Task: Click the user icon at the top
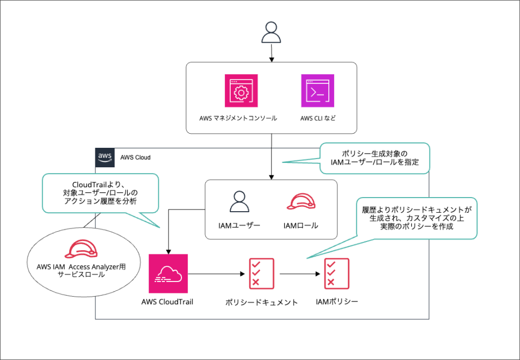click(x=271, y=32)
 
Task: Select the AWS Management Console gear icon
click(x=240, y=91)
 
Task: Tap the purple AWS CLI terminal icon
click(x=317, y=91)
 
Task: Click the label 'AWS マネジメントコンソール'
click(x=238, y=118)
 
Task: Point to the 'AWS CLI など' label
click(x=318, y=118)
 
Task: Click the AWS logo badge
click(x=105, y=157)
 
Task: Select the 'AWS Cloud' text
click(x=135, y=158)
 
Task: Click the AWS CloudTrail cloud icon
click(x=168, y=273)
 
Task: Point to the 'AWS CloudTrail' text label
click(x=168, y=302)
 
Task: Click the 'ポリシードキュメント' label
click(x=262, y=302)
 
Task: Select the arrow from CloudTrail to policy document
click(x=217, y=274)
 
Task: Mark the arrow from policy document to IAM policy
click(x=299, y=274)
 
